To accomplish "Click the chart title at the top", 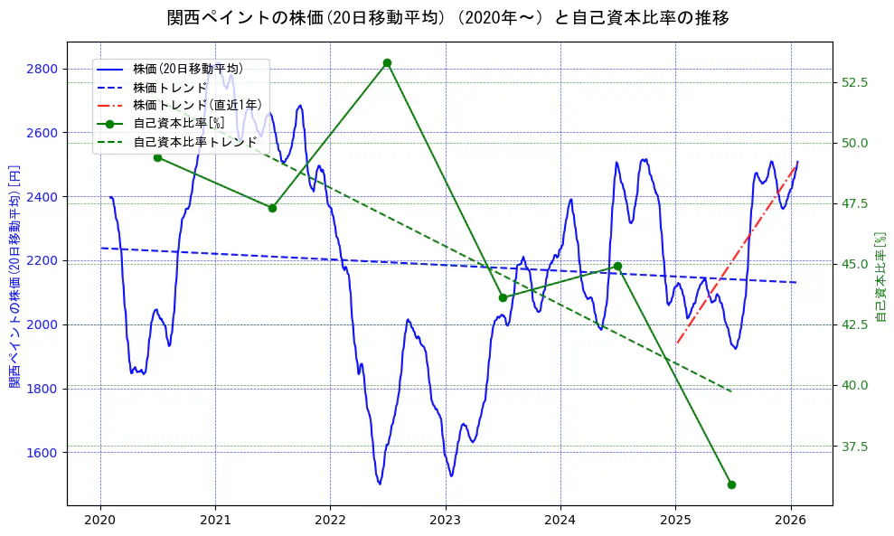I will coord(447,18).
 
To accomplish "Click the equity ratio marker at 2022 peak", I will coord(387,62).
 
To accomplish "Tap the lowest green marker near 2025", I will coord(731,484).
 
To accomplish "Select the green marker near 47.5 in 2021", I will coord(272,208).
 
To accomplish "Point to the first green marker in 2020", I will coord(157,157).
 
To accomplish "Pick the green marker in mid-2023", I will coord(503,297).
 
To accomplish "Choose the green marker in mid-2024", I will coord(617,266).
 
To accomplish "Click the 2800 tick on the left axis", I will coord(42,69).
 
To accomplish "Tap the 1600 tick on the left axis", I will coord(42,453).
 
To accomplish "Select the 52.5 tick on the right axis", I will coord(854,82).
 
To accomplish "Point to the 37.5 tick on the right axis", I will coord(854,447).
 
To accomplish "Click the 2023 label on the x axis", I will coord(445,520).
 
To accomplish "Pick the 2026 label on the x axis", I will coord(791,520).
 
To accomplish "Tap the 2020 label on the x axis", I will coord(99,520).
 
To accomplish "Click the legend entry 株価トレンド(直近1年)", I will coord(194,105).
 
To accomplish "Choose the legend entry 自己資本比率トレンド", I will coord(194,142).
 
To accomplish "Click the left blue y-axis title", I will coord(14,276).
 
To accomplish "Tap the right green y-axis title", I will coord(881,276).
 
